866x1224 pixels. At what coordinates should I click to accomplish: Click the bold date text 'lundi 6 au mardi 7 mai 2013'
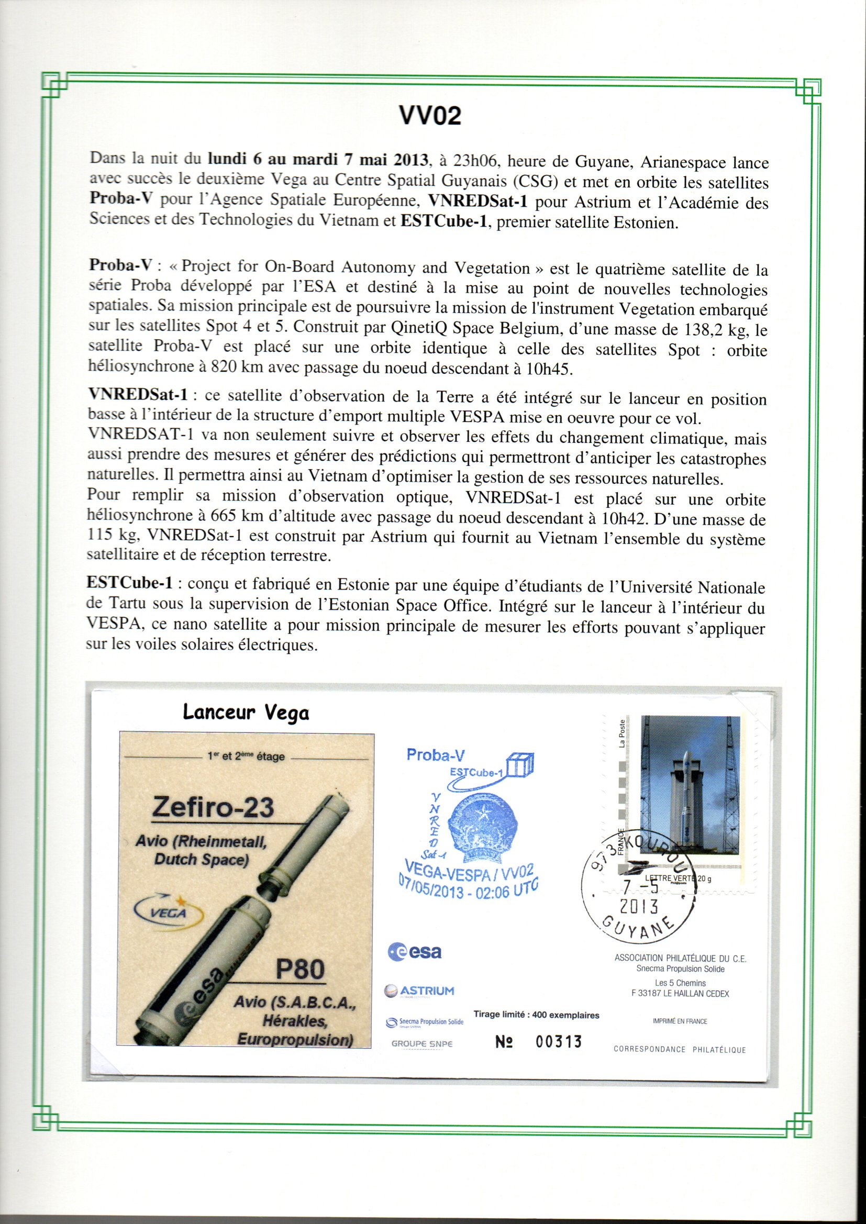pos(318,159)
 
